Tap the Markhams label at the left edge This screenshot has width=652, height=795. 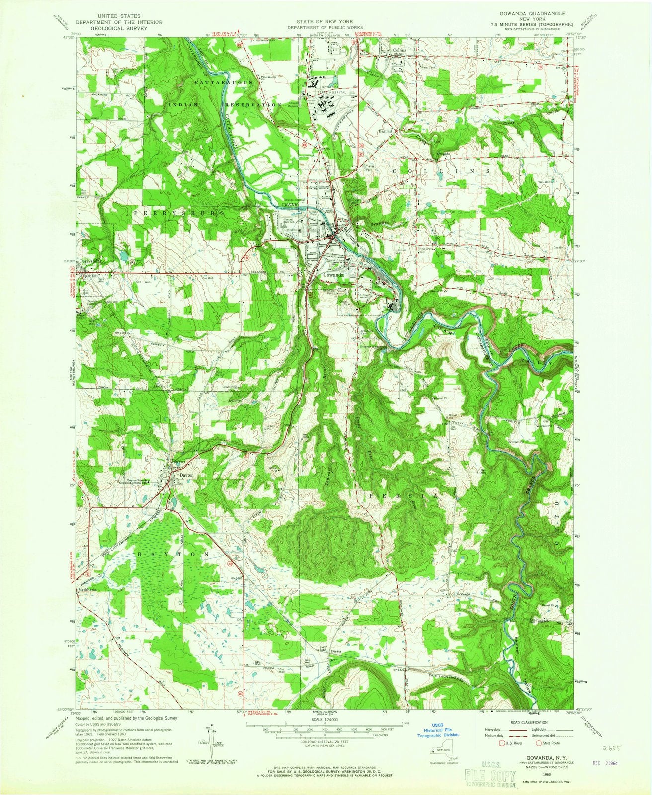tap(85, 590)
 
